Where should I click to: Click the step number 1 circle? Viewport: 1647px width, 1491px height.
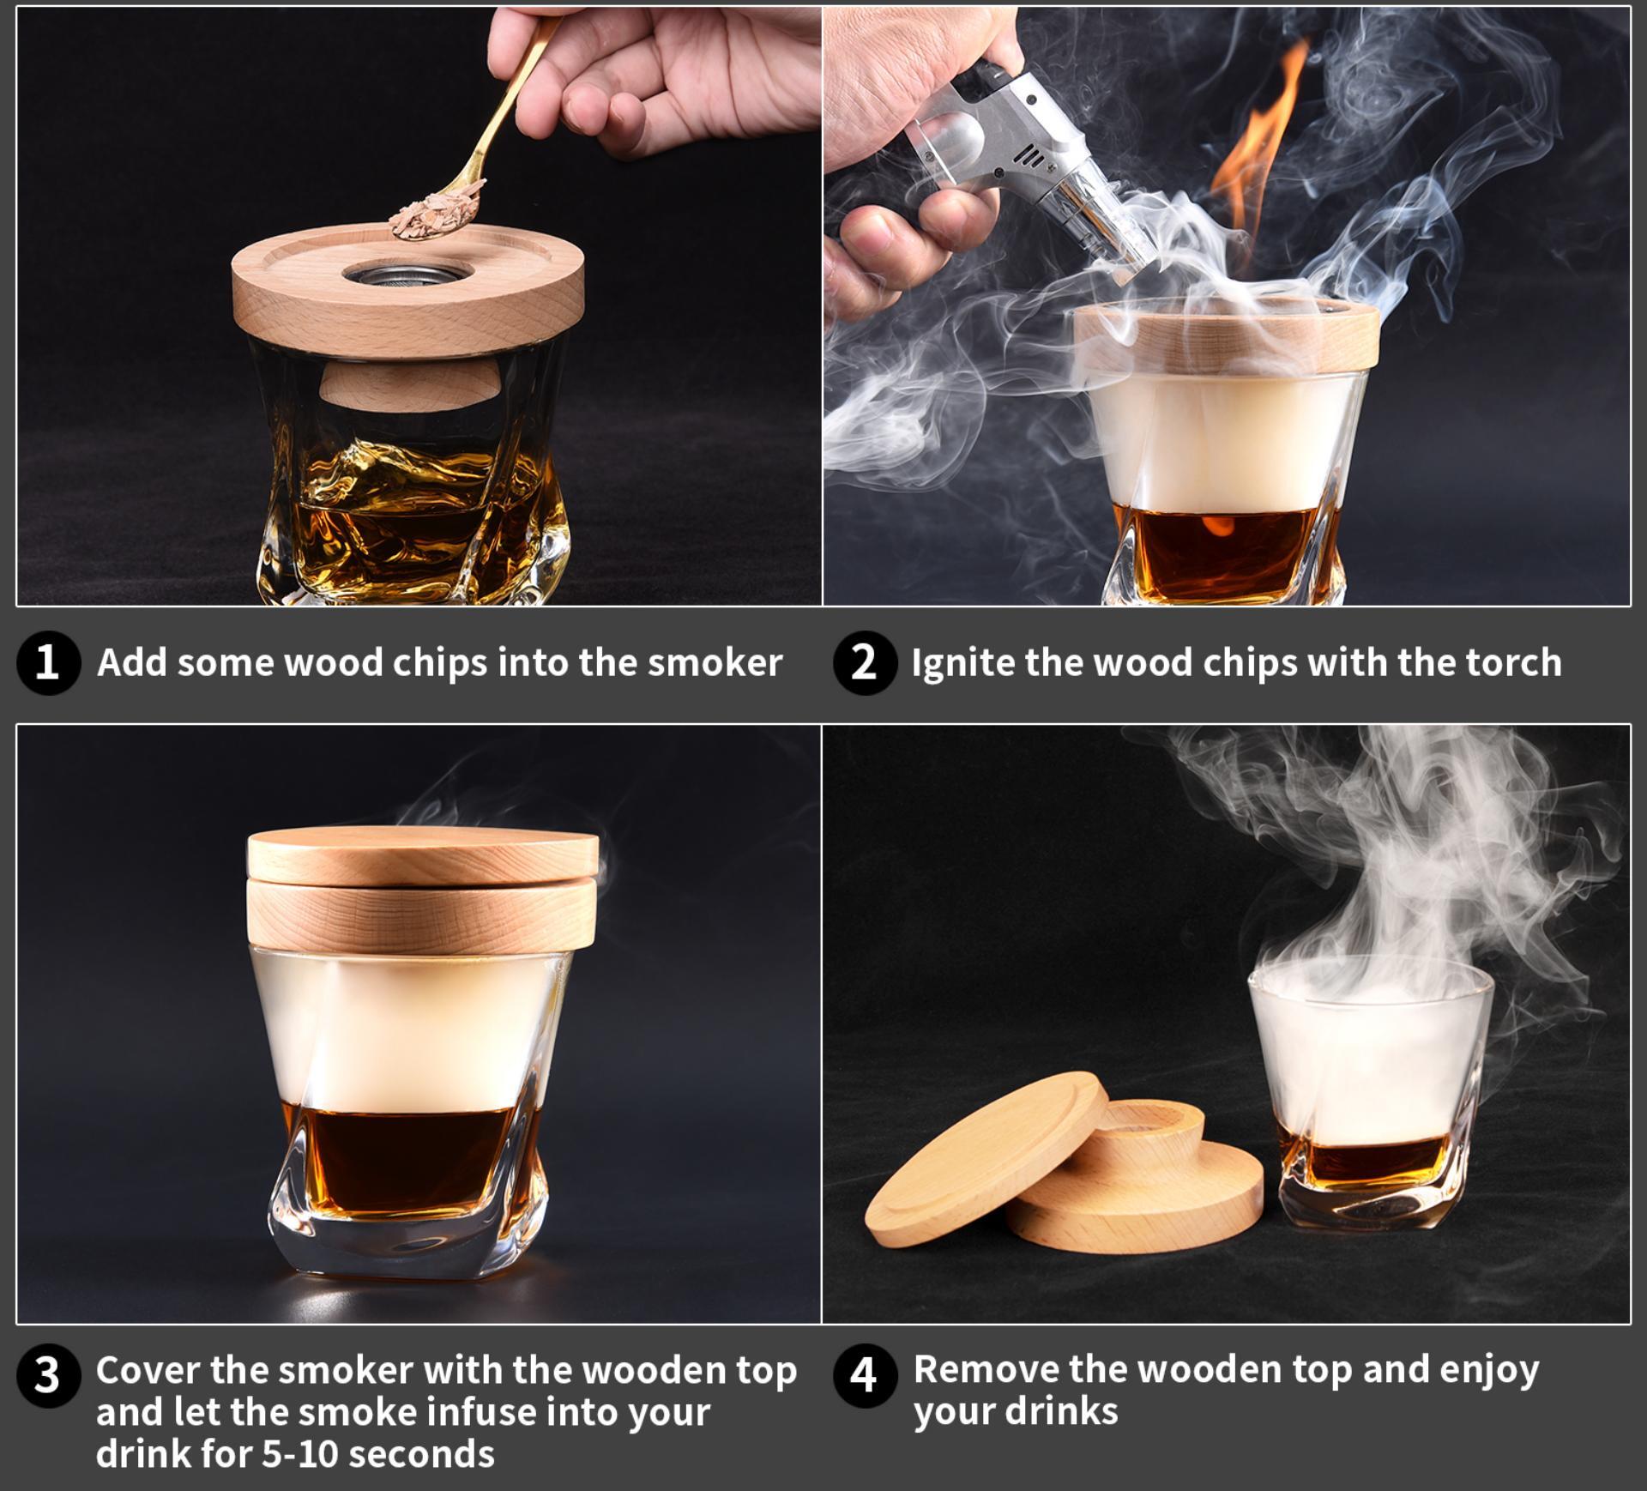[48, 663]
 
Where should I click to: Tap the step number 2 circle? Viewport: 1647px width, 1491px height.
[864, 663]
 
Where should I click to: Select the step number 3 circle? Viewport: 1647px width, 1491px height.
[48, 1375]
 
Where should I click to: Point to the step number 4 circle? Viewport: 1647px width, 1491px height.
[864, 1375]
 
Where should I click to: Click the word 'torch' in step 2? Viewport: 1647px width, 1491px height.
[1512, 663]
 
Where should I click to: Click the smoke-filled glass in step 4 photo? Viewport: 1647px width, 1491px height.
[1368, 1090]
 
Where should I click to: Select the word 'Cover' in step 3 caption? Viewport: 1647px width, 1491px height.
[148, 1370]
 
